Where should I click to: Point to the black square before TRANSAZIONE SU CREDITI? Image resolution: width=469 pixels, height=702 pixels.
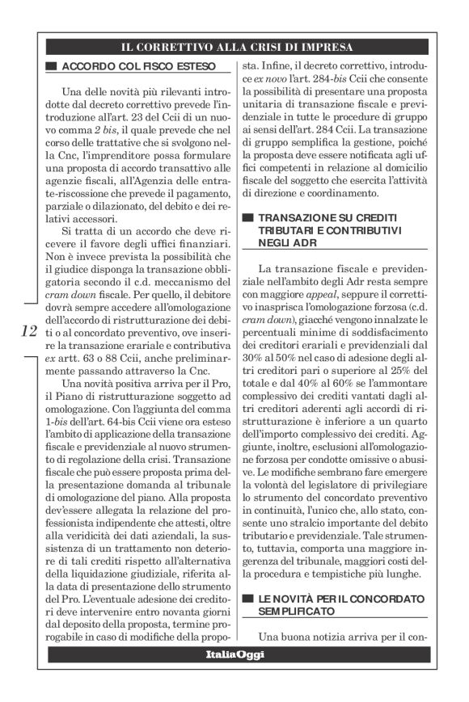[250, 217]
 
